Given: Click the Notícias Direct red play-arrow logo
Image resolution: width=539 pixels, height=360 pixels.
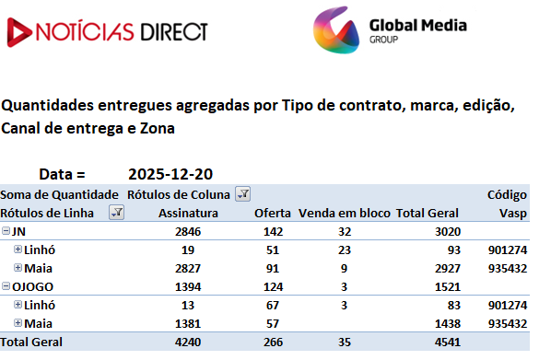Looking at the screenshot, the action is (x=19, y=32).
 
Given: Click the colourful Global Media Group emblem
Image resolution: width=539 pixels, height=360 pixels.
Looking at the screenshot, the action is (x=336, y=29).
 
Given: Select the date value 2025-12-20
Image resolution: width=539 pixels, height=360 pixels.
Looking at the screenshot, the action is (x=170, y=174).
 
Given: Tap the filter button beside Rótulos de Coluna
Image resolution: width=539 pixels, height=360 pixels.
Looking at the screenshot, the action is (x=242, y=194).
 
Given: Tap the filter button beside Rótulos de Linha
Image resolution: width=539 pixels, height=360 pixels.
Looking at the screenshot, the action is (x=116, y=213).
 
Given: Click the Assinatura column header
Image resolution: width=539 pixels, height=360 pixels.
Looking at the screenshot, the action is (x=188, y=214).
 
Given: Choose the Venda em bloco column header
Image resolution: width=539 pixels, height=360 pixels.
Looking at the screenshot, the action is (x=344, y=214).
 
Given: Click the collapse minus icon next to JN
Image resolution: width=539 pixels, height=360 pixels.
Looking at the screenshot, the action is (x=6, y=231).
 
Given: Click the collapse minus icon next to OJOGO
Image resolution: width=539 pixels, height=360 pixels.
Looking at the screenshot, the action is (x=6, y=285).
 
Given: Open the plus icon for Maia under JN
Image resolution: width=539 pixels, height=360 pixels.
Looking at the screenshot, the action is (x=18, y=268).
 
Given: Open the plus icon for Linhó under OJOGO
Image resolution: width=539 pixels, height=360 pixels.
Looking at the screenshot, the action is (x=18, y=305).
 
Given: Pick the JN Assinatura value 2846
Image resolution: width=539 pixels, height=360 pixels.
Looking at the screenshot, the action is (x=188, y=232).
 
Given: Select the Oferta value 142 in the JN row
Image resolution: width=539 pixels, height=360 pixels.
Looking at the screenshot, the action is (x=273, y=232).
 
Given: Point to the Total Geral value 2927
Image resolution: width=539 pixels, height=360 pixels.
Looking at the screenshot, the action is (x=447, y=269).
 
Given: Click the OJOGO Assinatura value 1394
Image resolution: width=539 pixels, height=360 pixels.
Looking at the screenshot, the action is (x=188, y=287).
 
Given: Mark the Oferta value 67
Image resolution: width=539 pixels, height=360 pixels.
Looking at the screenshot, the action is (x=273, y=306).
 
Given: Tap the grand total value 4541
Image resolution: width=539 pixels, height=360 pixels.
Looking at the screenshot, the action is (x=447, y=343).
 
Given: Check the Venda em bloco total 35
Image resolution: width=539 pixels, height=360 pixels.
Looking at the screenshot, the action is (x=345, y=343).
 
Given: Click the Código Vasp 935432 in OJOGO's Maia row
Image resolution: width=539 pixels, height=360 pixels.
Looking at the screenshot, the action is (x=508, y=323).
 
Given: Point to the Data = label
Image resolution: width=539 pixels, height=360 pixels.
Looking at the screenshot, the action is (x=62, y=174).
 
